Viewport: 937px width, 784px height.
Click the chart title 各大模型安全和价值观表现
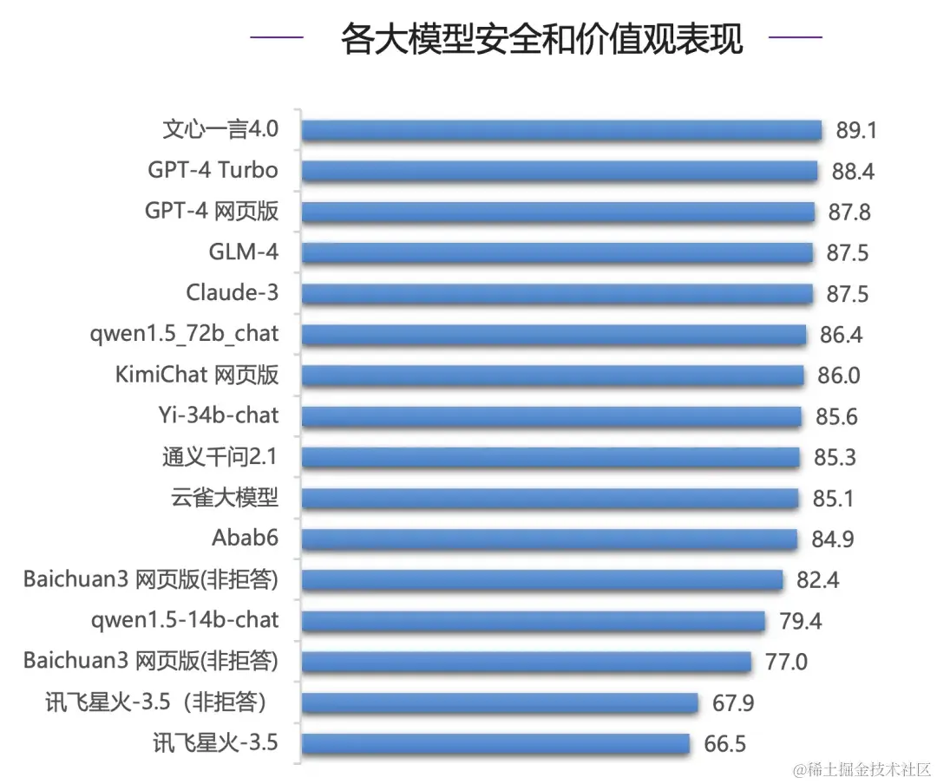coord(541,39)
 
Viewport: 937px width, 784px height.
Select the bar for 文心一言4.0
coord(561,131)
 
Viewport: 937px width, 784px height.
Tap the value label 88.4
coord(853,172)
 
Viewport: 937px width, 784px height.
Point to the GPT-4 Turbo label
coord(213,169)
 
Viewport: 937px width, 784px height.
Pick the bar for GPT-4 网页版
coord(558,212)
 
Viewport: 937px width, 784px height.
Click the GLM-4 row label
coord(244,252)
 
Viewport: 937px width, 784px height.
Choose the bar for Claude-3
coord(557,294)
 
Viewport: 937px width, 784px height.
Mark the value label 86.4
coord(841,335)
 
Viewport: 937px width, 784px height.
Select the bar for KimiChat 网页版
coord(553,376)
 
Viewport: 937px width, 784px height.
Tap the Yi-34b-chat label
coord(213,415)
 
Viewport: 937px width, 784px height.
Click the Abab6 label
coord(245,538)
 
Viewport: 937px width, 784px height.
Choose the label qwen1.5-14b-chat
coord(185,620)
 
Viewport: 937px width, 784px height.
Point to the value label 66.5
coord(724,744)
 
